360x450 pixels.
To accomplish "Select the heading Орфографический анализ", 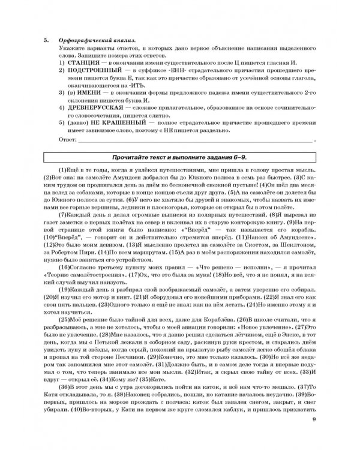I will click(x=97, y=39).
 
